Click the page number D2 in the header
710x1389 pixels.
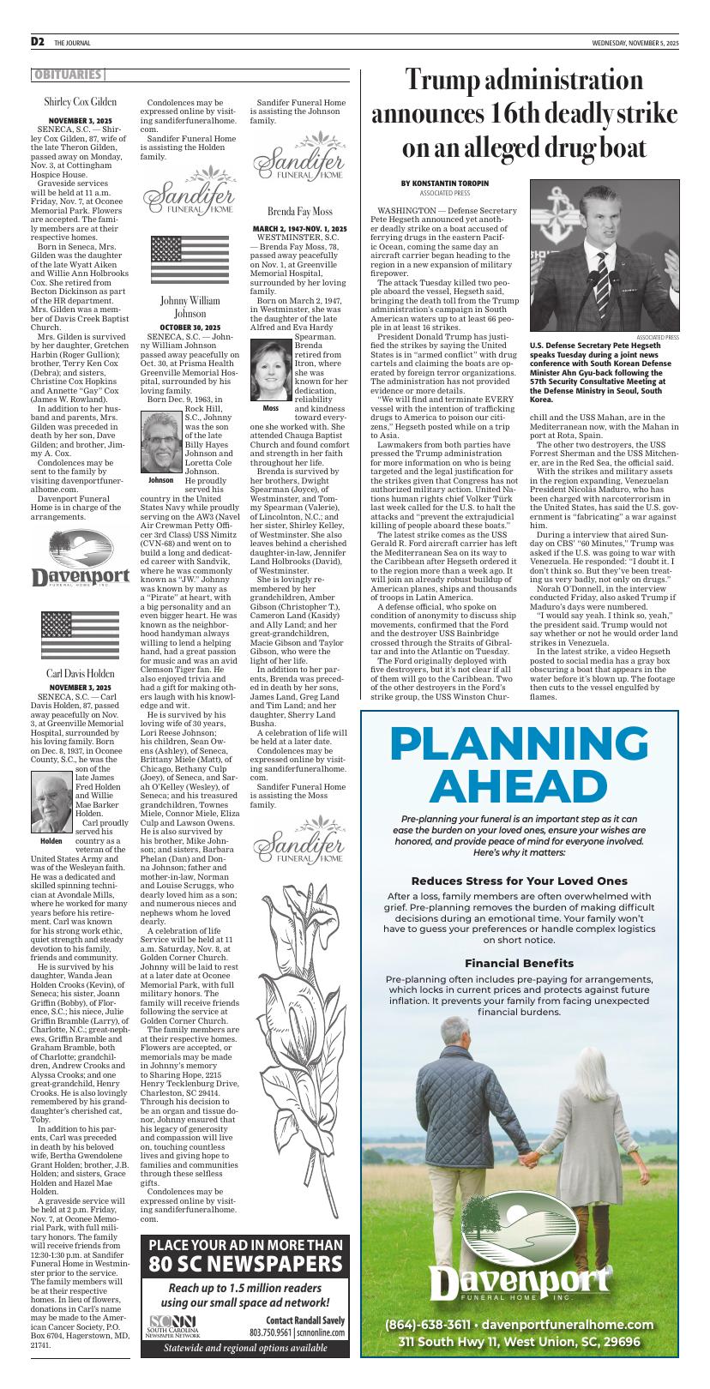[38, 42]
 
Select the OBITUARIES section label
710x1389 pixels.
[68, 75]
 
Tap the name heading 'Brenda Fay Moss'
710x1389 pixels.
[299, 211]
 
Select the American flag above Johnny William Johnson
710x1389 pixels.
[190, 261]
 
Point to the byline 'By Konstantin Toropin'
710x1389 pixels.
[444, 183]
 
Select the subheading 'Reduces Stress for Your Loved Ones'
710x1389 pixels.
[519, 881]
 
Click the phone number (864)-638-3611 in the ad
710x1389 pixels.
[427, 1324]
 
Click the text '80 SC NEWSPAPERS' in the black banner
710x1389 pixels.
[245, 1264]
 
